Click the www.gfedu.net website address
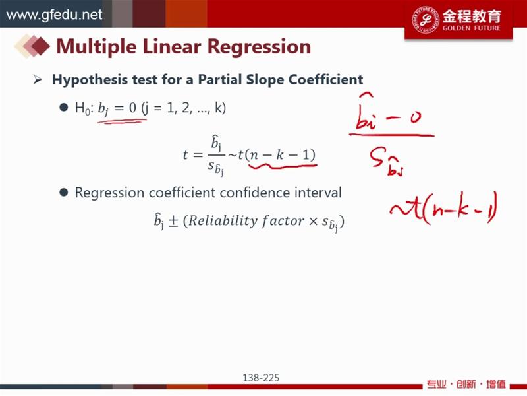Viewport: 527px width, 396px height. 54,15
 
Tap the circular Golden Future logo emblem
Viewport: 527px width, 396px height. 426,19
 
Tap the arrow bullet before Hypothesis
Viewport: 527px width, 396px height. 38,80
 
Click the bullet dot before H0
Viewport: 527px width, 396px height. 63,108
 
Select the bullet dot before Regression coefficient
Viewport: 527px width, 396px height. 63,193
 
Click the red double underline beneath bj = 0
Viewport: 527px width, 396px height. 123,121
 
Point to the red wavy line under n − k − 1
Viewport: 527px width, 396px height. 283,166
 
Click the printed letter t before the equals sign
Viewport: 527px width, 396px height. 185,154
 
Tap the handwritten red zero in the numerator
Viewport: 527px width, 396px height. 415,118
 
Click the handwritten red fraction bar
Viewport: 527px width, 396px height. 391,135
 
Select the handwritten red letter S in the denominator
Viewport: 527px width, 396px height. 376,158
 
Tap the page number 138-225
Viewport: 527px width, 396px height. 261,378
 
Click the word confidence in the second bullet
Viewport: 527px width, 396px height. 255,193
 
